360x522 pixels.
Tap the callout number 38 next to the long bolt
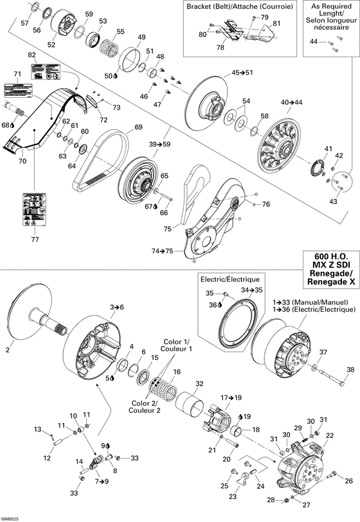(350, 369)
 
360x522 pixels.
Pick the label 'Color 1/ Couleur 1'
(176, 344)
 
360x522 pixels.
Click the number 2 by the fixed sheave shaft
(8, 350)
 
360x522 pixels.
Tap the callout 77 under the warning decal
(35, 240)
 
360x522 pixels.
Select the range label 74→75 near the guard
(162, 251)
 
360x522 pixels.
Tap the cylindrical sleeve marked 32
(190, 406)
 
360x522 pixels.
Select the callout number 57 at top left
(24, 23)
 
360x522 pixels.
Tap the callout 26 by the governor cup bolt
(349, 481)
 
